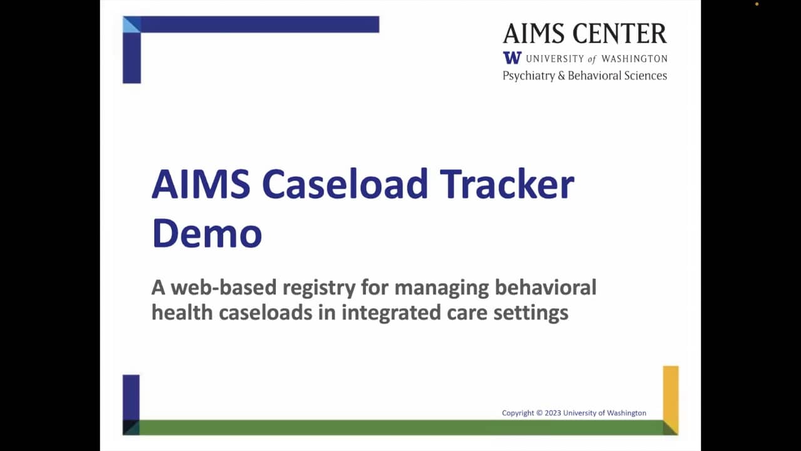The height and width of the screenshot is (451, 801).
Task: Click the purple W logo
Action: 512,58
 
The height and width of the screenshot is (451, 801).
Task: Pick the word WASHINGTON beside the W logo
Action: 634,58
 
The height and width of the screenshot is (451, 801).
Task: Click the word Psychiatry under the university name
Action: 529,76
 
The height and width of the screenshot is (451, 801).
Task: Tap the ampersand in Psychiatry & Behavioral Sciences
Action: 562,76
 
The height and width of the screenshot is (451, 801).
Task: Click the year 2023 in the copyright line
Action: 553,413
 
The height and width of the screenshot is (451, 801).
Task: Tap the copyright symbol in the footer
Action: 539,413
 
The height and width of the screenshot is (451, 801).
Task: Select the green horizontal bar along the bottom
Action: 400,427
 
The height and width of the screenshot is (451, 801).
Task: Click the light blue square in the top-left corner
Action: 131,24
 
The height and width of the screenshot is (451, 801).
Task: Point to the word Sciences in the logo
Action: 645,76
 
